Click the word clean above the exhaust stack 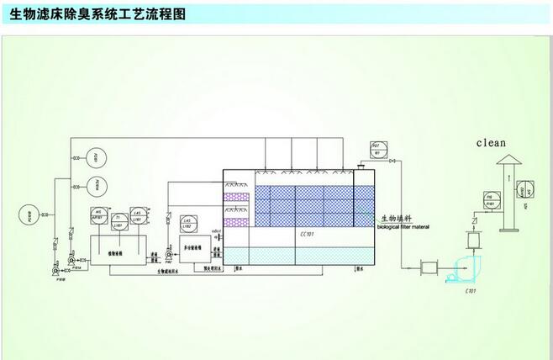click(x=492, y=142)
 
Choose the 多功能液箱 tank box click(x=192, y=249)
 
